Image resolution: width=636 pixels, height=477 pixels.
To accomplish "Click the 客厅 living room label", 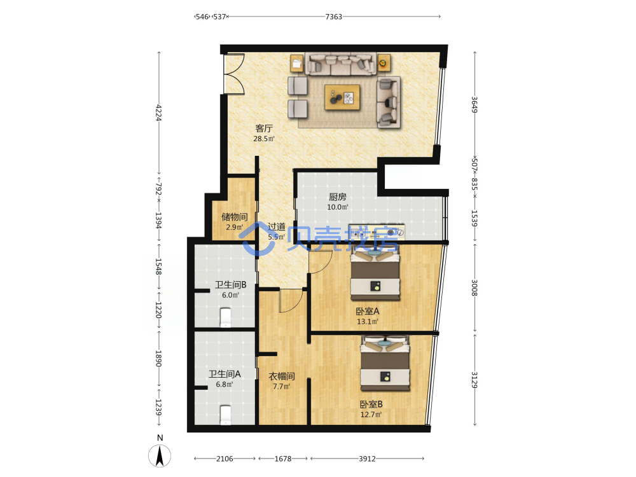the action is tap(264, 128).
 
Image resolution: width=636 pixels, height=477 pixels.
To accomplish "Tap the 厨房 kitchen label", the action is tap(338, 197).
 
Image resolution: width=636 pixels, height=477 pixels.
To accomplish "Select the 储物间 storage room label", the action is tap(235, 217).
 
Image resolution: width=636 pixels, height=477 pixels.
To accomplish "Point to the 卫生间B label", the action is tap(230, 285).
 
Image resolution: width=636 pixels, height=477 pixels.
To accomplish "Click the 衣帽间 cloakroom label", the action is tap(282, 377).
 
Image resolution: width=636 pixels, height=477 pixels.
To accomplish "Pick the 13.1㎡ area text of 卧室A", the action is tap(368, 322).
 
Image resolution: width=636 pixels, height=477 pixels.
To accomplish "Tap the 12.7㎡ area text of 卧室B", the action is tap(371, 415).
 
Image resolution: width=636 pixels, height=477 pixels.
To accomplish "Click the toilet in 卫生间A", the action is tap(225, 415).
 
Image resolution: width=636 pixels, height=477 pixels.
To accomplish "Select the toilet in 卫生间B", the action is tap(226, 317).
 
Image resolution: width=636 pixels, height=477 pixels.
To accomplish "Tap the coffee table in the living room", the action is tap(342, 97).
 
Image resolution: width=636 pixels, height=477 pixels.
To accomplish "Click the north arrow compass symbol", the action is tap(160, 455).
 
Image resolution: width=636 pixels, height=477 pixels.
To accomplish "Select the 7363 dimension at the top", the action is tap(333, 17).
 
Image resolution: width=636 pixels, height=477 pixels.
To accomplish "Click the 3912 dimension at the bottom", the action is tap(367, 459).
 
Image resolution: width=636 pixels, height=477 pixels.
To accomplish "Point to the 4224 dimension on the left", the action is tap(159, 113).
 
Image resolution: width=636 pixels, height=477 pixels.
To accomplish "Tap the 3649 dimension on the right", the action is tap(474, 105).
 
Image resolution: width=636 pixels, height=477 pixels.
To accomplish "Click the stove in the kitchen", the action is tap(377, 232).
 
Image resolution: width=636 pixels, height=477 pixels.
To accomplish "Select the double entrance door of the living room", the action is tap(233, 74).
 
